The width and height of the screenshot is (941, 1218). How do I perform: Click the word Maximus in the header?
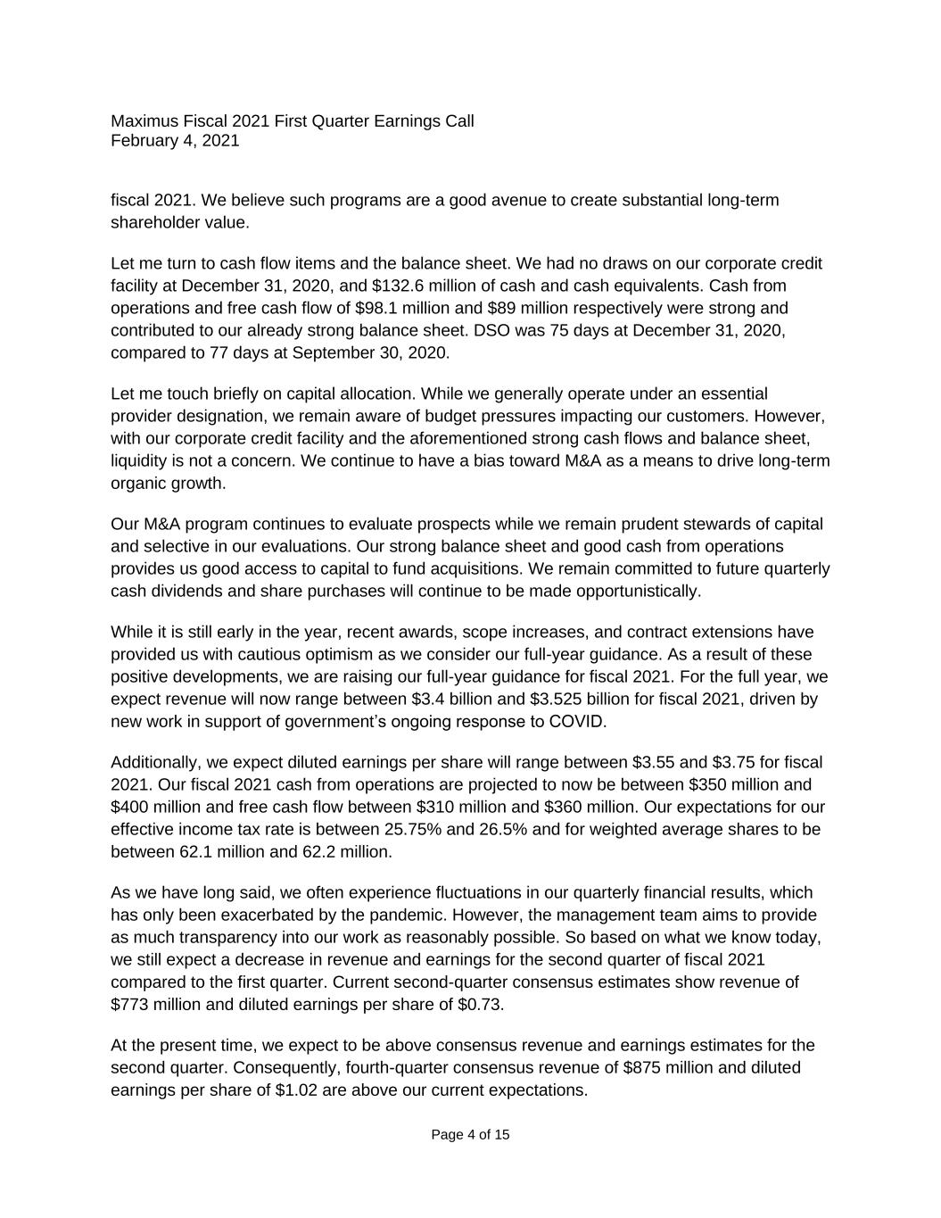click(x=143, y=120)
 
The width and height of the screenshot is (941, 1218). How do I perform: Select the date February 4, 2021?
click(x=175, y=140)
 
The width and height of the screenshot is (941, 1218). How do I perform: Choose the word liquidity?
click(x=140, y=460)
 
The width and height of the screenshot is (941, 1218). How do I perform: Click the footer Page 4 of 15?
click(x=470, y=1135)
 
